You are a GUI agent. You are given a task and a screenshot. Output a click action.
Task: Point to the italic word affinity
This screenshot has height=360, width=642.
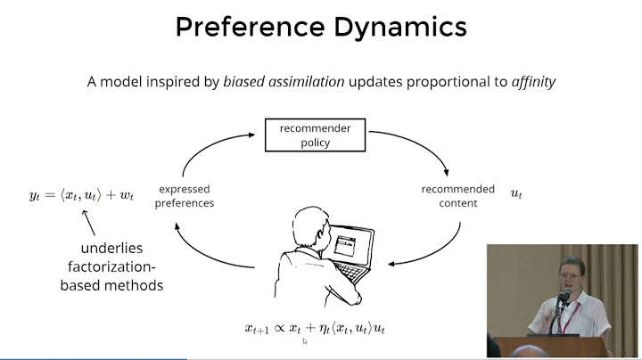tap(533, 81)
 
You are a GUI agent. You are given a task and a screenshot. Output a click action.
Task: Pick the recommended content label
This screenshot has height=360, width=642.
tap(458, 195)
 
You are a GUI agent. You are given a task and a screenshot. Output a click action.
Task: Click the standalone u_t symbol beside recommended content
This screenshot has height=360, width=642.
tap(516, 193)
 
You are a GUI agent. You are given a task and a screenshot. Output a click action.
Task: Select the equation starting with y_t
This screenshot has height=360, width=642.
tap(81, 194)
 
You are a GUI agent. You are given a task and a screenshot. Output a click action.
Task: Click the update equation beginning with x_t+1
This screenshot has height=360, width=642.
tap(315, 328)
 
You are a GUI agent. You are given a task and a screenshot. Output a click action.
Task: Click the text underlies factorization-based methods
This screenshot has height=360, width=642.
tap(111, 266)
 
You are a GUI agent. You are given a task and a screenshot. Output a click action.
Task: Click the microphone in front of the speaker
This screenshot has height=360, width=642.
tap(564, 298)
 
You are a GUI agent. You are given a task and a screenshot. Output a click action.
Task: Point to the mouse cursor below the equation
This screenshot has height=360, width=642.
tap(305, 341)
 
